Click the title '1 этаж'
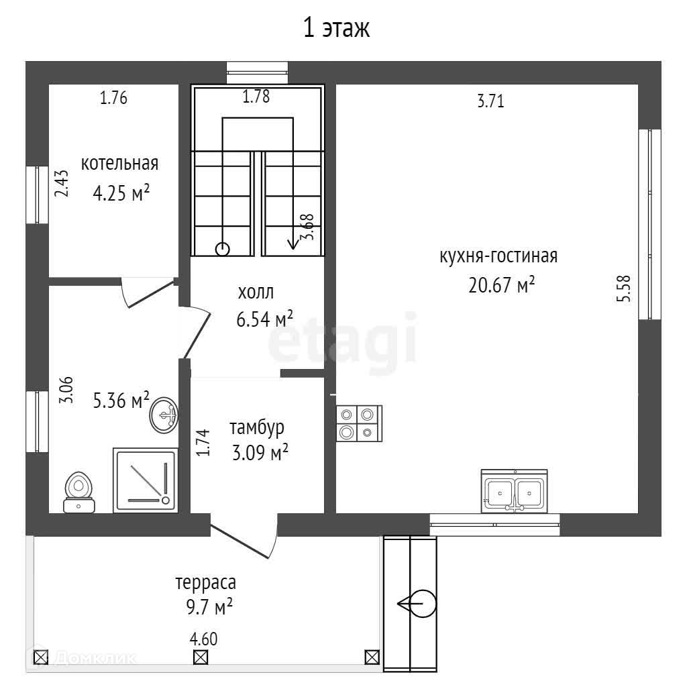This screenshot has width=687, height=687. coord(337,29)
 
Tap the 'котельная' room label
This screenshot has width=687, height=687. coord(119,164)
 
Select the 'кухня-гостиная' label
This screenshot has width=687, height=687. coord(498,256)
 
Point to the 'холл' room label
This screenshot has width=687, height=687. coord(256,293)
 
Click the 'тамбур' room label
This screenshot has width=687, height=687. coord(257,427)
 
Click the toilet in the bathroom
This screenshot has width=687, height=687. coord(79,493)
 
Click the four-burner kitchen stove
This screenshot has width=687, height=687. coord(358,423)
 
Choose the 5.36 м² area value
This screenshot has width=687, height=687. coord(121,401)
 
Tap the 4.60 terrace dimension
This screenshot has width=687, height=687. coord(204,639)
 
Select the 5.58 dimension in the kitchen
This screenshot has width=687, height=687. coord(625,288)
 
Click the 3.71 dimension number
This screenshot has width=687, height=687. coord(490,102)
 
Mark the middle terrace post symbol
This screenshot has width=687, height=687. coord(200,657)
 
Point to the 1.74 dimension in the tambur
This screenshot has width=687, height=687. coord(204,443)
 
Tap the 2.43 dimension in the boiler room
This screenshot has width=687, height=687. coord(62,183)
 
